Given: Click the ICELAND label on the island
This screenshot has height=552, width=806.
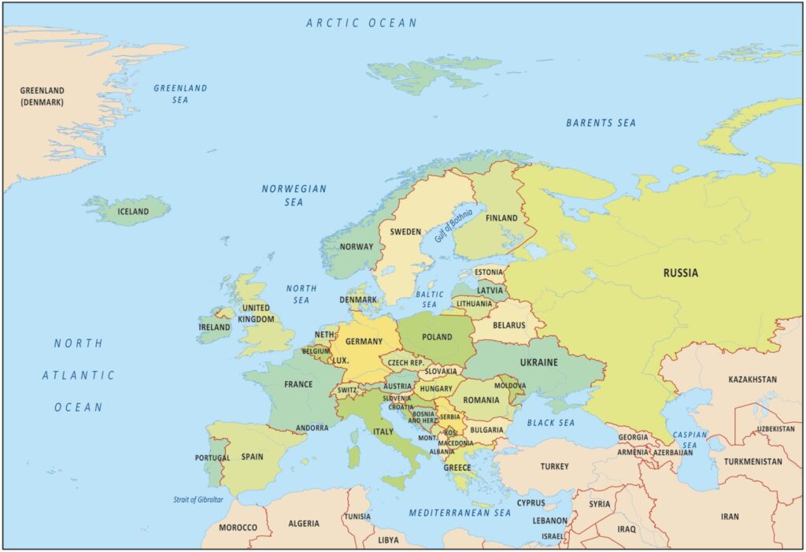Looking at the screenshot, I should click(x=133, y=212).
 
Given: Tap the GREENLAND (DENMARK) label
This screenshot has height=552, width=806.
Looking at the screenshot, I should click(x=43, y=96).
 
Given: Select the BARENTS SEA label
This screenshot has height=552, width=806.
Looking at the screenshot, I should click(x=601, y=123).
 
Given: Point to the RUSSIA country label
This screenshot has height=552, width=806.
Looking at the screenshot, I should click(x=680, y=273).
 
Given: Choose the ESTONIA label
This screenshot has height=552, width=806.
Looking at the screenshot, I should click(x=489, y=272).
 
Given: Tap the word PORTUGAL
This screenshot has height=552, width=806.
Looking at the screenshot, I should click(x=213, y=458).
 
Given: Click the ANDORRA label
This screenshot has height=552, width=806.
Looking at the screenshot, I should click(x=312, y=428).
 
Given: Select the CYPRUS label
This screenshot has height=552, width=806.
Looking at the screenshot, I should click(x=531, y=503).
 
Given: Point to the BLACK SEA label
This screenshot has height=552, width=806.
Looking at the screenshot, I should click(x=550, y=423).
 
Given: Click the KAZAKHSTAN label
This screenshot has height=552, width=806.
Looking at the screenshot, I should click(x=752, y=380).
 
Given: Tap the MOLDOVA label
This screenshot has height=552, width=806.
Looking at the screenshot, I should click(x=510, y=386).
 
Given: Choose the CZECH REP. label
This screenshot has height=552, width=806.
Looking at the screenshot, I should click(x=405, y=363).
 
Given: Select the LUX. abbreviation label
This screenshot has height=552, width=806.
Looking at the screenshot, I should click(x=340, y=360).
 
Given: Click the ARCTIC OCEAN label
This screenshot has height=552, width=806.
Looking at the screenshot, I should click(x=361, y=23).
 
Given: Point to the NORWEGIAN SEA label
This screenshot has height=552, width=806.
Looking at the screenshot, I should click(x=294, y=195).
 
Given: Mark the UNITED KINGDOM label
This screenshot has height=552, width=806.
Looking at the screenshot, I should click(x=257, y=313).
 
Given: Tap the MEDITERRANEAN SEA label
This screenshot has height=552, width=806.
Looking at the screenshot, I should click(x=460, y=513).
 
